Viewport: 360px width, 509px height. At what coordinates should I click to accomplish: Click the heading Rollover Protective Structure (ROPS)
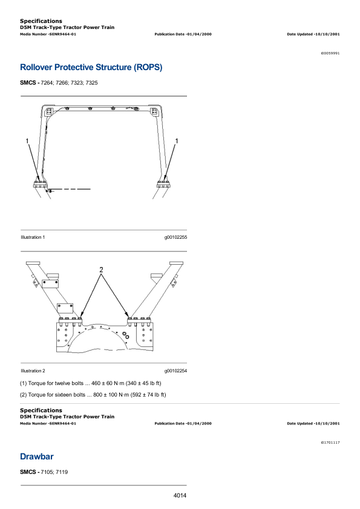point(91,68)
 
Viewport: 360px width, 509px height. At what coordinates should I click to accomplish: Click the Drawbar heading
point(37,456)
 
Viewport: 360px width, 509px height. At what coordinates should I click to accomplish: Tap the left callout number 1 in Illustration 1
point(27,141)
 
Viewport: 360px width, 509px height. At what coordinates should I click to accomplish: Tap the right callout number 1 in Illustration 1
point(177,141)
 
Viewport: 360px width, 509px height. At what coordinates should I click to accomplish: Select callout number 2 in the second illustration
point(101,270)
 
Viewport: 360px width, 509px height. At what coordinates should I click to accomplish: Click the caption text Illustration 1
point(33,238)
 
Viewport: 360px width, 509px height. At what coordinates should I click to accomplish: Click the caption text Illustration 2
point(33,371)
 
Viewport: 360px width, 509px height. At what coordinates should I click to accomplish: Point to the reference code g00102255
point(175,238)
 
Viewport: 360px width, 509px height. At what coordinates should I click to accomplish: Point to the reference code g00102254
point(175,371)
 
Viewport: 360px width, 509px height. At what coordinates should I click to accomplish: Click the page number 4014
point(180,495)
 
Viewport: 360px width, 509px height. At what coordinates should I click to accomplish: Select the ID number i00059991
point(330,53)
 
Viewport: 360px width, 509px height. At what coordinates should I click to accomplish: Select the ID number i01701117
point(330,443)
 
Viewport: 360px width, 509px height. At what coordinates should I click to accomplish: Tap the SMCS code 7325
point(91,83)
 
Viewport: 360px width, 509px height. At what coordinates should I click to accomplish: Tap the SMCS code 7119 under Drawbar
point(62,472)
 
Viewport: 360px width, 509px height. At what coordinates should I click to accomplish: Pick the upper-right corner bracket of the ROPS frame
point(154,112)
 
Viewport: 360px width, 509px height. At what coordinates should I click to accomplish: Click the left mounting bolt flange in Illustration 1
point(41,184)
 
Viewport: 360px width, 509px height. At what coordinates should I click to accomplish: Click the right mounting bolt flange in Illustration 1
point(163,184)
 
